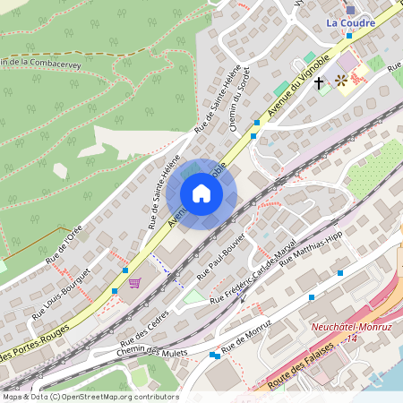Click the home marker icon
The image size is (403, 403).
pos(201,193)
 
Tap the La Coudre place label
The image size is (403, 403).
pos(350,23)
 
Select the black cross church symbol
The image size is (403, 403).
pos(319,83)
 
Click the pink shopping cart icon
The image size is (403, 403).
pos(134,283)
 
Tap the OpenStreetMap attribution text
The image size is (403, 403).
pos(90,396)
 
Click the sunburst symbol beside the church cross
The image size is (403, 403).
pos(341,81)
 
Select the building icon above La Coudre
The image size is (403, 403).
pos(349,8)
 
